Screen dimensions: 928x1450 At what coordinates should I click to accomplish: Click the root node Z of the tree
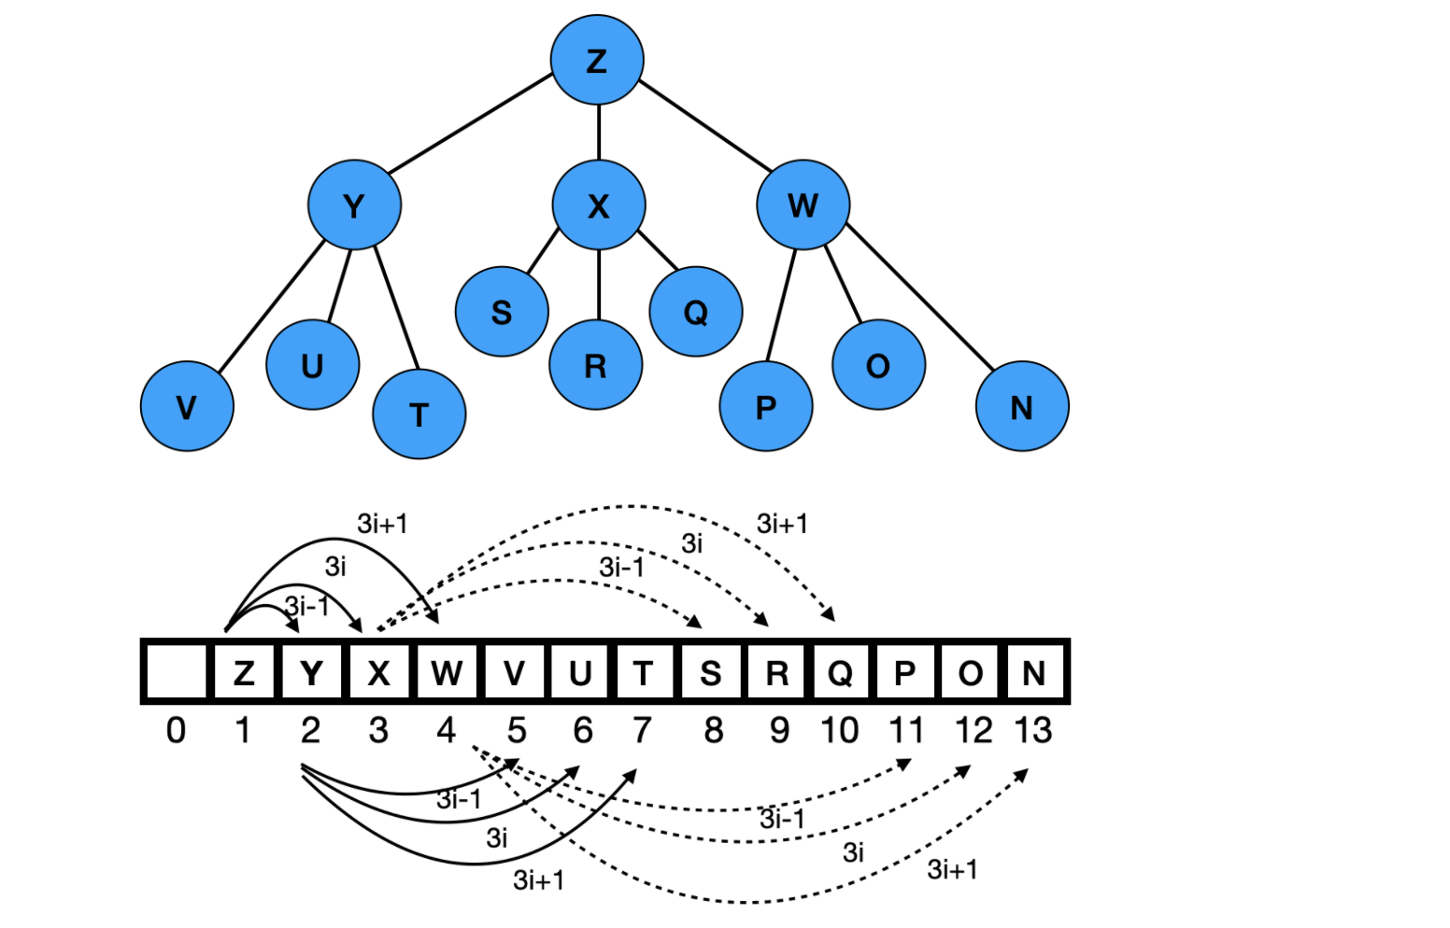point(597,60)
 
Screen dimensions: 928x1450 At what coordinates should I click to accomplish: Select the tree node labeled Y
point(354,204)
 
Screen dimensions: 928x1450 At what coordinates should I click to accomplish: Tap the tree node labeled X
point(598,204)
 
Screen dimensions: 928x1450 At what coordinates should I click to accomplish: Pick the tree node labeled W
point(803,204)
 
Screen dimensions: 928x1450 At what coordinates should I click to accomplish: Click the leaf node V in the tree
point(187,406)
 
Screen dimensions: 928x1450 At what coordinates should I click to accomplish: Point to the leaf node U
point(312,365)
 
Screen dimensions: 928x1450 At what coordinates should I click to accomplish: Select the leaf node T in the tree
point(419,414)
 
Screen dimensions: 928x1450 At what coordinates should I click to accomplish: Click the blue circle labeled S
point(502,312)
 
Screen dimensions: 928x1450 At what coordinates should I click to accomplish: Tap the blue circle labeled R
point(595,365)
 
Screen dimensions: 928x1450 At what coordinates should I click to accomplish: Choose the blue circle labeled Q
point(696,312)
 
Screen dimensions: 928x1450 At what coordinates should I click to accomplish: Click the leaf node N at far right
point(1022,406)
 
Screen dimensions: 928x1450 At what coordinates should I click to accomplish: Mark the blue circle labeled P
point(766,406)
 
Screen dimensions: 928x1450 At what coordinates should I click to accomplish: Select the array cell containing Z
point(244,672)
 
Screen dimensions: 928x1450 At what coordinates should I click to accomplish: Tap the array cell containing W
point(447,672)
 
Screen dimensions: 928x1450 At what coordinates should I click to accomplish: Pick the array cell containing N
point(1033,672)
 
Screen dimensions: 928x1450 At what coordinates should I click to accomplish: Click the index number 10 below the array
point(839,730)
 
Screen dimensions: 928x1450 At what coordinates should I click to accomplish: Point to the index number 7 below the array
point(642,730)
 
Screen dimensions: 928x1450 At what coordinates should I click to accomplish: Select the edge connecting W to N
point(920,295)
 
